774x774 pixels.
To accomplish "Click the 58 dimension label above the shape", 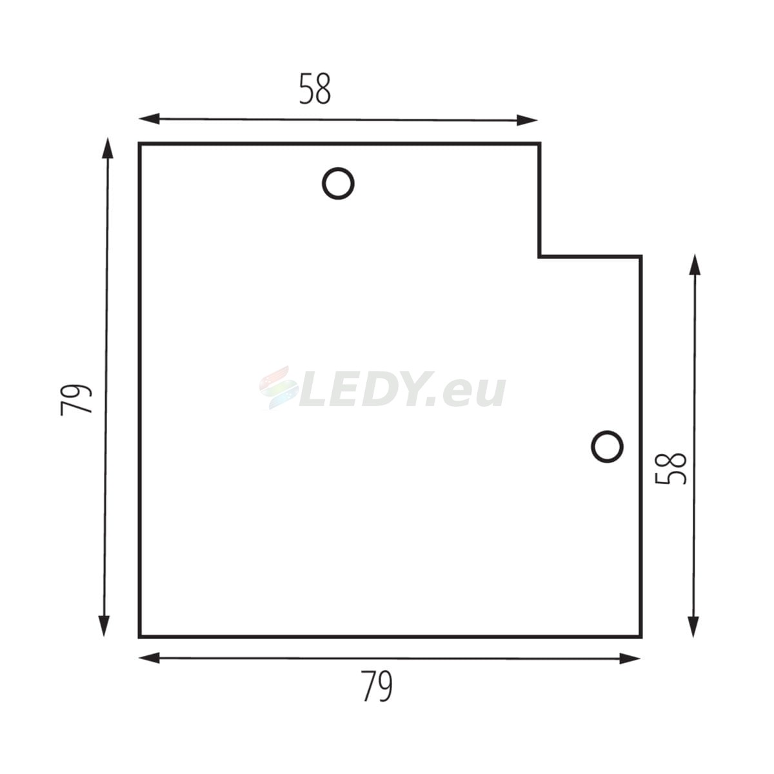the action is coord(315,89).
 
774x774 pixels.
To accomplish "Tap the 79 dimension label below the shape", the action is coord(377,686).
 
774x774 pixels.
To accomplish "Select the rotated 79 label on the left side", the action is coord(76,400).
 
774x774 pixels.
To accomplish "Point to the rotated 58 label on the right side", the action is coord(671,468).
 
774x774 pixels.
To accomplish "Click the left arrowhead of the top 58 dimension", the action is coord(149,119).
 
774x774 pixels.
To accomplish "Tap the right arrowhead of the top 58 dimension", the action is coord(527,120).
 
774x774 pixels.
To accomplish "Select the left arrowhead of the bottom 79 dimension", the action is coord(149,658).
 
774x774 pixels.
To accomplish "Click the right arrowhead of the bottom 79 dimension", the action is coord(630,659).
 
